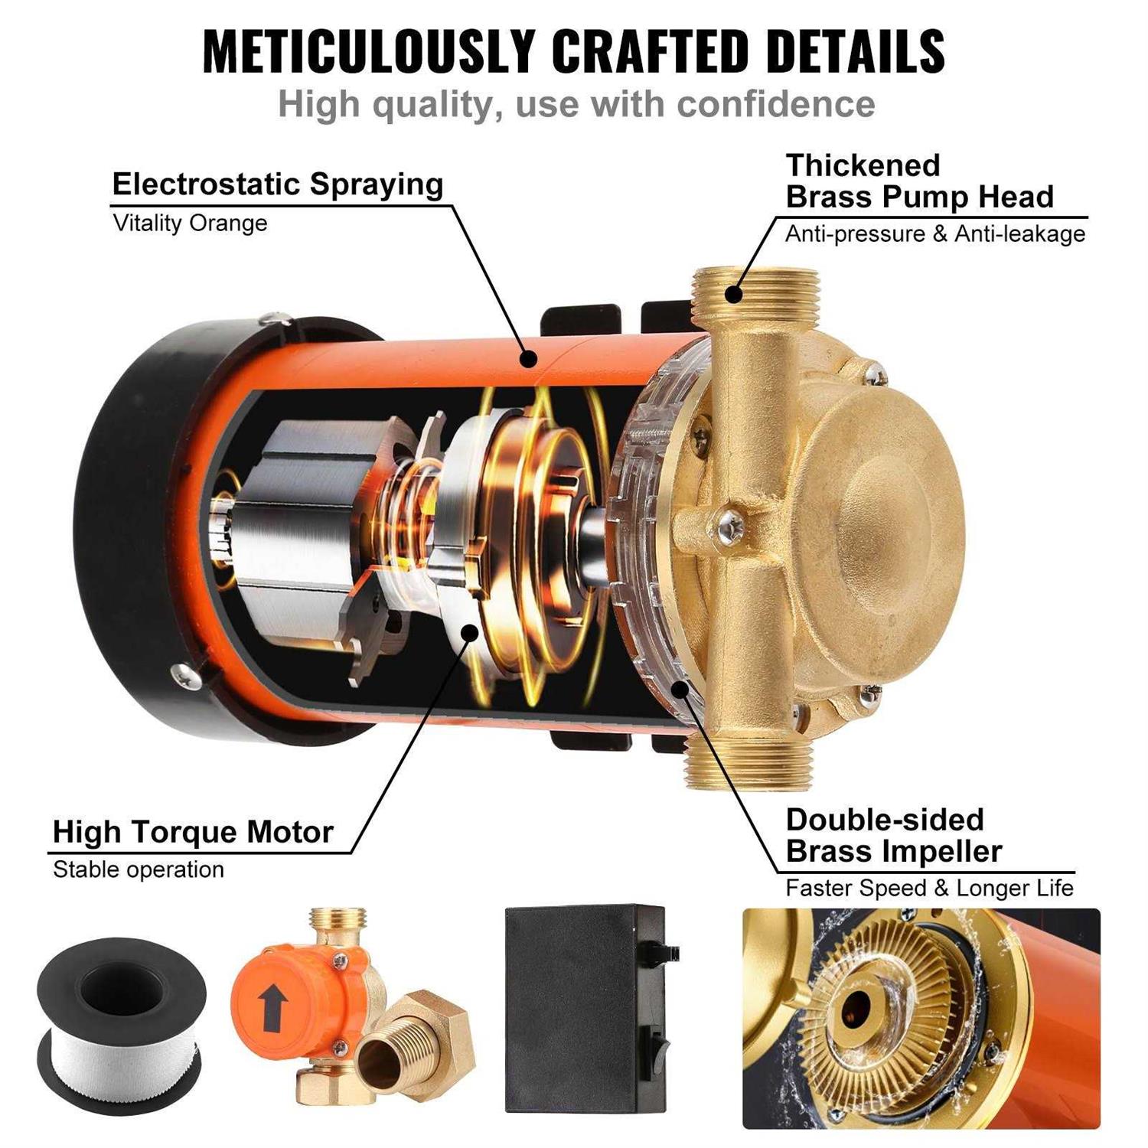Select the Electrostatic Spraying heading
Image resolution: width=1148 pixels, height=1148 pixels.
click(x=277, y=184)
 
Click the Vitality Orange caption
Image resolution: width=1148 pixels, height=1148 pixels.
click(x=190, y=223)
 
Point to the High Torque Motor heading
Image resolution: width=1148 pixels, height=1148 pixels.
click(x=193, y=832)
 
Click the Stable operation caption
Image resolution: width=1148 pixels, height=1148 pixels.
click(x=139, y=869)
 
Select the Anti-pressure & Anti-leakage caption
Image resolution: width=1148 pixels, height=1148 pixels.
click(x=934, y=233)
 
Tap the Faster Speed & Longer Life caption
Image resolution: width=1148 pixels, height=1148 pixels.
click(x=929, y=888)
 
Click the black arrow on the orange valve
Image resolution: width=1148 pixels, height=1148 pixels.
click(x=269, y=1006)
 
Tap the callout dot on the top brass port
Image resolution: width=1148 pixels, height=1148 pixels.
click(x=733, y=294)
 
